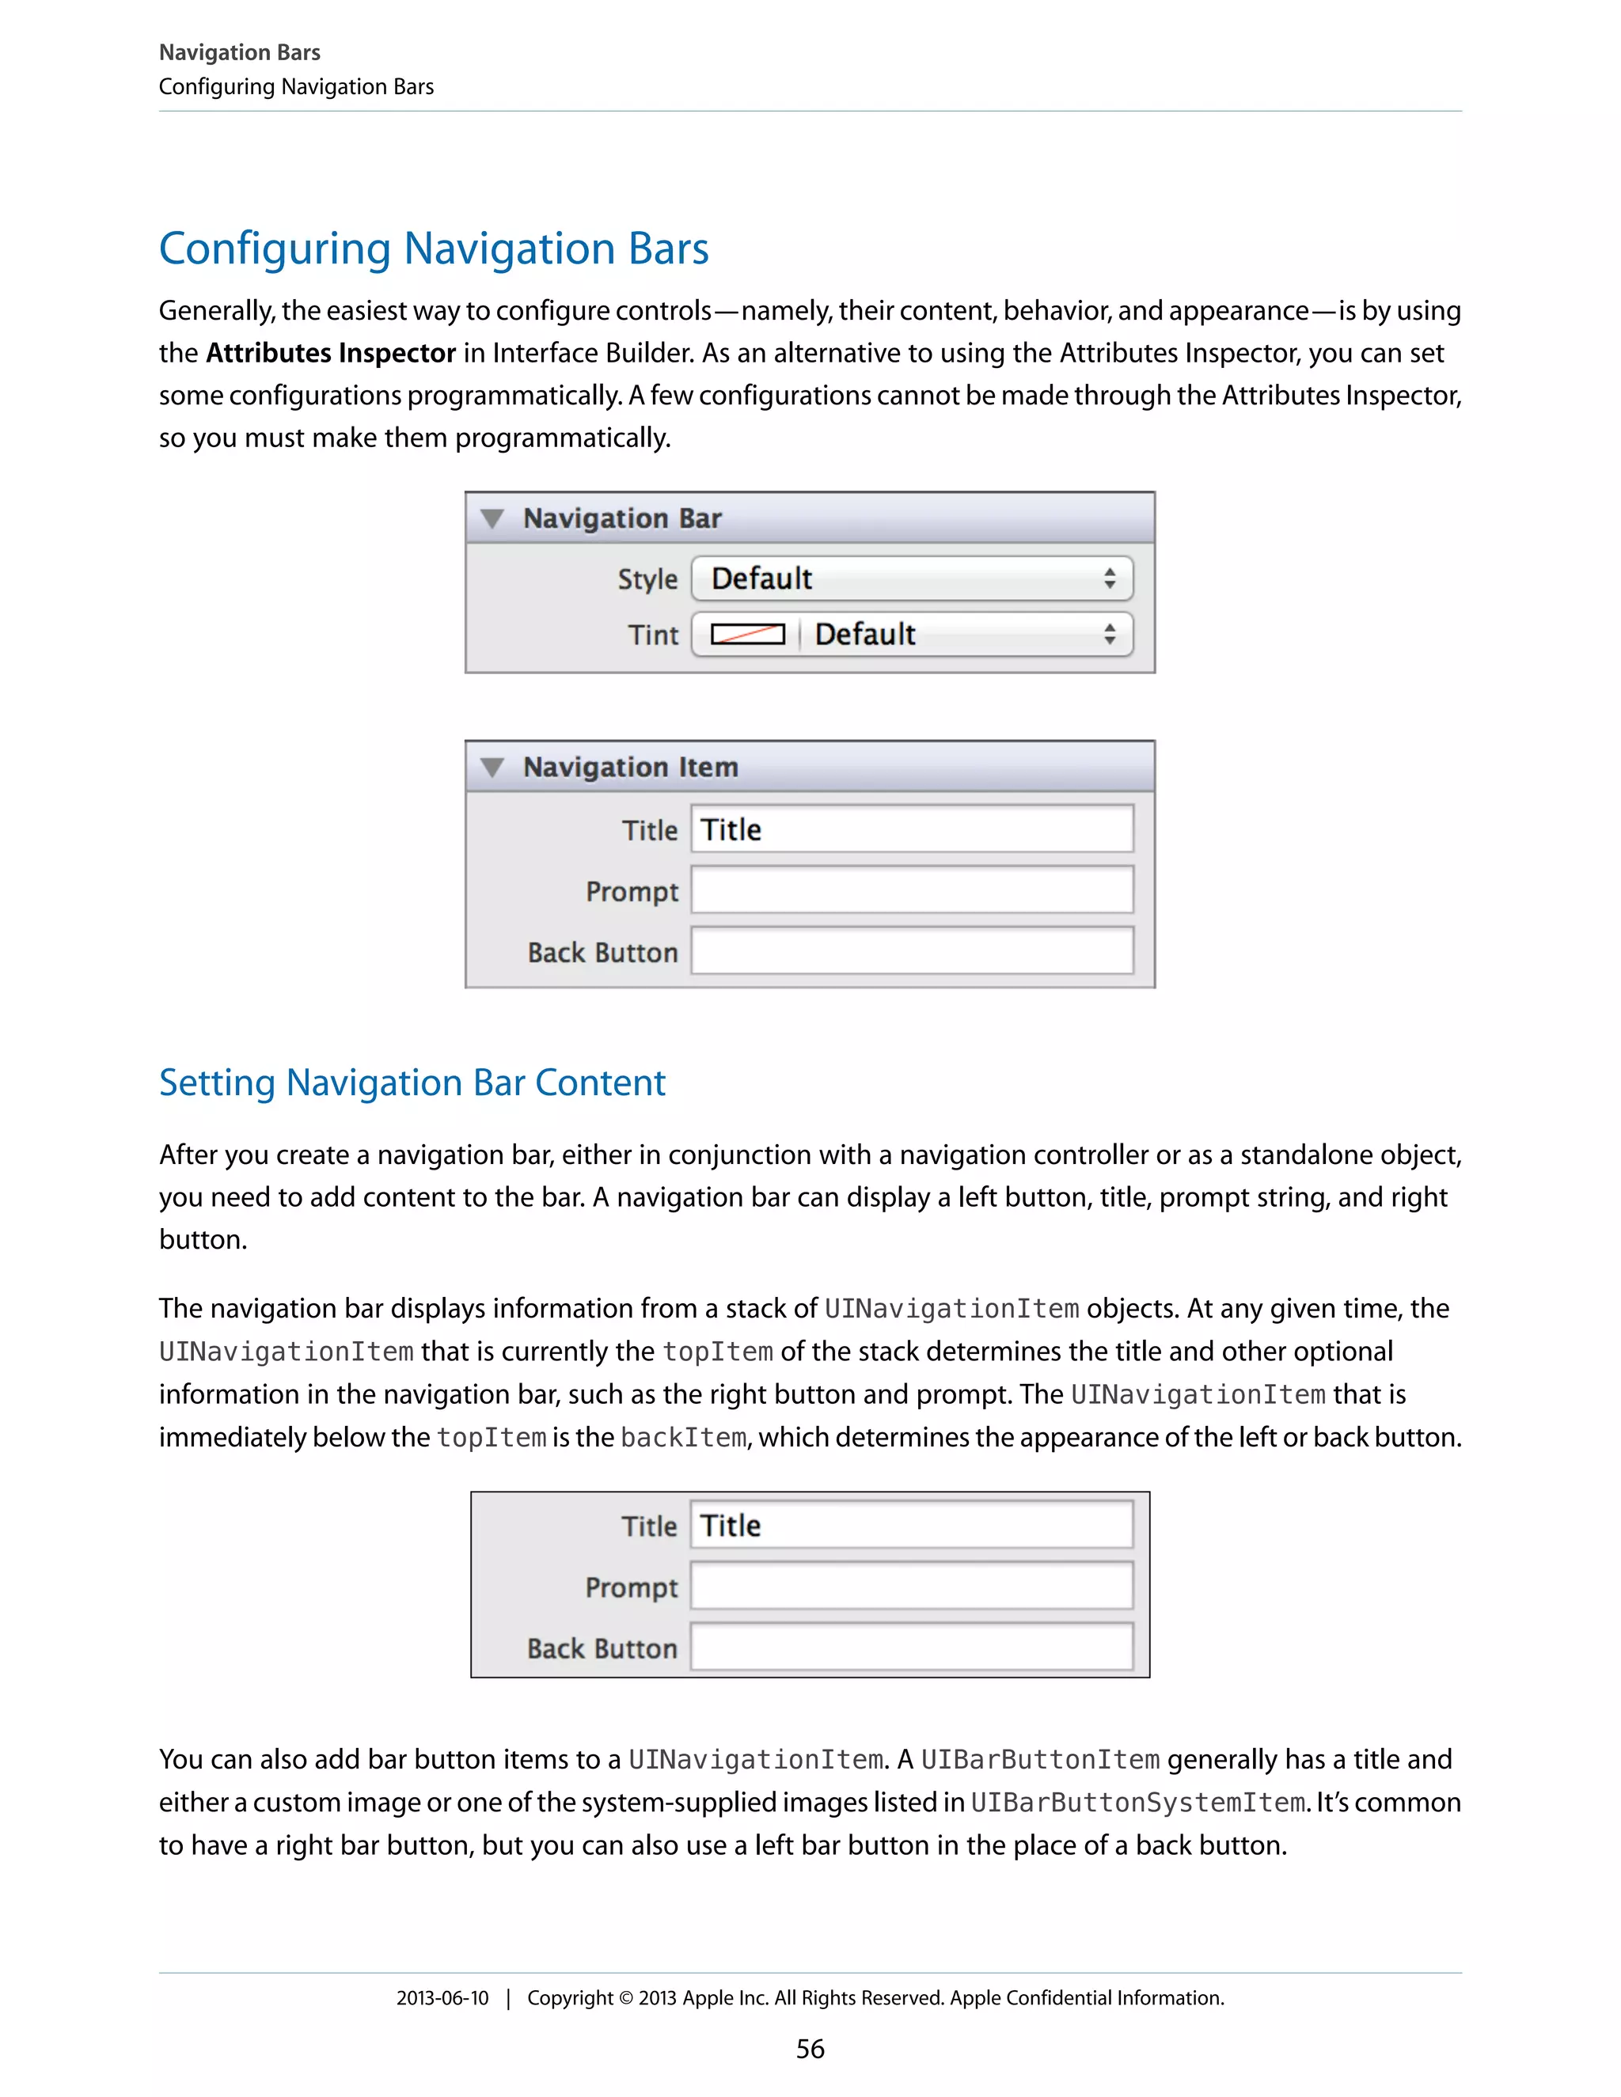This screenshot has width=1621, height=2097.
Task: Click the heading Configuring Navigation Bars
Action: pos(433,248)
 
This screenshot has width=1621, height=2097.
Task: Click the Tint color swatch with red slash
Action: pos(747,635)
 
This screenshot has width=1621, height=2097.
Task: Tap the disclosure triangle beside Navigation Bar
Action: pos(492,518)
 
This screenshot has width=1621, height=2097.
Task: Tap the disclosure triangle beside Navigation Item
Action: pos(492,767)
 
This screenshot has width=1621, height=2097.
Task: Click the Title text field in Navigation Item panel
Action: pos(910,829)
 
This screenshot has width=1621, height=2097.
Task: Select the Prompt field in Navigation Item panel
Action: pos(910,890)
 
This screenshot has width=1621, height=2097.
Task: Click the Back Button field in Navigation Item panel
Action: pos(910,951)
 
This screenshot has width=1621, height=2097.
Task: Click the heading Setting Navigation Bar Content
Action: pos(412,1083)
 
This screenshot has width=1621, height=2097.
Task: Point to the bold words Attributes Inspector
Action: pos(330,354)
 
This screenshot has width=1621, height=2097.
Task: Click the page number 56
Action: pos(810,2049)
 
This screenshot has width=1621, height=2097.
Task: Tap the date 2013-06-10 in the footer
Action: pos(442,1998)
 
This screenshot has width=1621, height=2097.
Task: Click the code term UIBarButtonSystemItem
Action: pos(1137,1802)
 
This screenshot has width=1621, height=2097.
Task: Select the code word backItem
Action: pos(683,1437)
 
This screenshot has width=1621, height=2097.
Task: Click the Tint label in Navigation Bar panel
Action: pos(653,635)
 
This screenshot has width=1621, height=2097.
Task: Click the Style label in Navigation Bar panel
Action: pos(647,579)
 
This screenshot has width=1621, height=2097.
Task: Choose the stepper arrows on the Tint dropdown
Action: pos(1109,634)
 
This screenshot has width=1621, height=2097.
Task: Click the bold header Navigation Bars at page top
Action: pos(239,53)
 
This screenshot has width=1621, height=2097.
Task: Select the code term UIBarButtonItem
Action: pos(1040,1759)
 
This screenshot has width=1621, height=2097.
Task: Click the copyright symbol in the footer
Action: pos(625,1998)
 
